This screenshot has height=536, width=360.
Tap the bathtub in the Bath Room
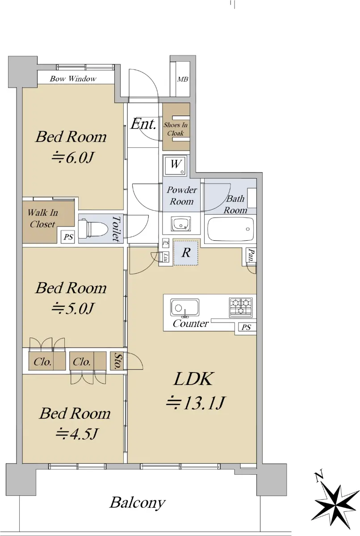230,229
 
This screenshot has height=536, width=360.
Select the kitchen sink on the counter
184,307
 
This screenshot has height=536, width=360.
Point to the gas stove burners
241,307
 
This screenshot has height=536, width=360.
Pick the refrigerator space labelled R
186,252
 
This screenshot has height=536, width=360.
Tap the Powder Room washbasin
181,224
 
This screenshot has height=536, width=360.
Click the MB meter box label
183,79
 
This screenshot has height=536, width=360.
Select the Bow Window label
73,79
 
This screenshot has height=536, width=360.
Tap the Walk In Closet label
42,218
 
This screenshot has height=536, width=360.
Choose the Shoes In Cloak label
176,129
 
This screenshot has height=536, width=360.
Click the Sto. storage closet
117,361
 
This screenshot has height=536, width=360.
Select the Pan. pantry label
251,255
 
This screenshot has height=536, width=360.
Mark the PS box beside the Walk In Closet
68,237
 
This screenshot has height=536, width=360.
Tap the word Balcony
138,503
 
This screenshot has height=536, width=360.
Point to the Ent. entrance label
143,124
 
